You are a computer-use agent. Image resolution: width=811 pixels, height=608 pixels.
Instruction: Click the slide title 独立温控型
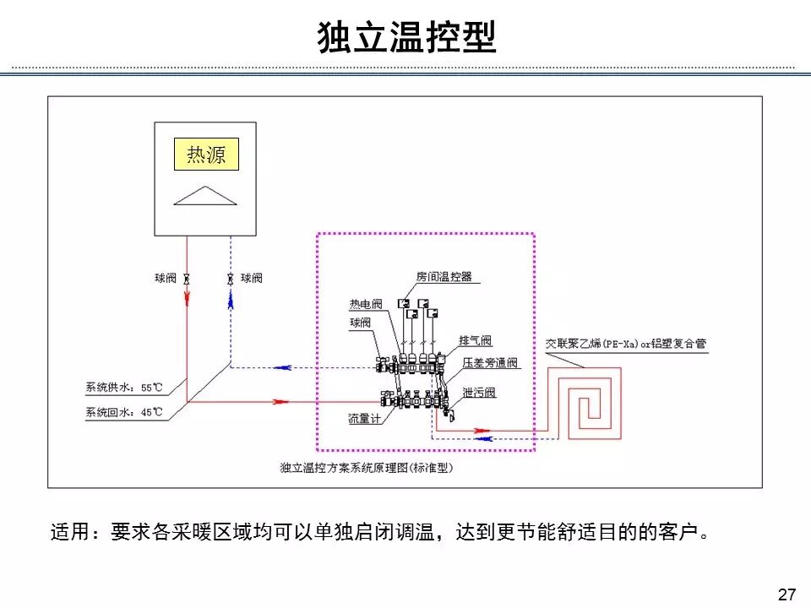tap(405, 37)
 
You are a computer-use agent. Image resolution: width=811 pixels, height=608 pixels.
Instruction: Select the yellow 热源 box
tap(206, 155)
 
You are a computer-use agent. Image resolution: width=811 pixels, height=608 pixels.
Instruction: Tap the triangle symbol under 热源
tap(205, 195)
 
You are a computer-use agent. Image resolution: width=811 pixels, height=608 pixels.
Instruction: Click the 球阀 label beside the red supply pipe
tap(165, 278)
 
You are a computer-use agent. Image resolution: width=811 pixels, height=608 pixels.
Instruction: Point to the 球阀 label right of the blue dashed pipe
tap(252, 278)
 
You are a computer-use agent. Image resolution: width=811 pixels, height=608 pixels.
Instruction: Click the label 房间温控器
tap(444, 277)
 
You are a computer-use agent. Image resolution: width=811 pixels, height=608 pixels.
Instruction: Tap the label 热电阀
tap(366, 305)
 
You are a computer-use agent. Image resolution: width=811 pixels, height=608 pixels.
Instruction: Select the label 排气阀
tap(475, 341)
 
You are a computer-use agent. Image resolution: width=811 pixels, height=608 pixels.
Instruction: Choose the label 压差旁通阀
tap(490, 363)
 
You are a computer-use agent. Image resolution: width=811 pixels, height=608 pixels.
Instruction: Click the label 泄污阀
tap(478, 394)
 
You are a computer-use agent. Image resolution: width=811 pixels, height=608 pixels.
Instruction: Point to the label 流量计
tap(364, 419)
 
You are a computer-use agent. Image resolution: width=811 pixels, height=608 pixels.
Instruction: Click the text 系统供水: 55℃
tap(123, 388)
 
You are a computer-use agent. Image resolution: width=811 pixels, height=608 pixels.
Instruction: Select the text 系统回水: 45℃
tap(123, 413)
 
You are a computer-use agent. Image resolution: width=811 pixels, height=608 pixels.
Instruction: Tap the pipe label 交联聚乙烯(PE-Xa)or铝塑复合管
tap(625, 345)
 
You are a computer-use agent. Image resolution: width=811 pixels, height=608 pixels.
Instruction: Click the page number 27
tap(787, 594)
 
